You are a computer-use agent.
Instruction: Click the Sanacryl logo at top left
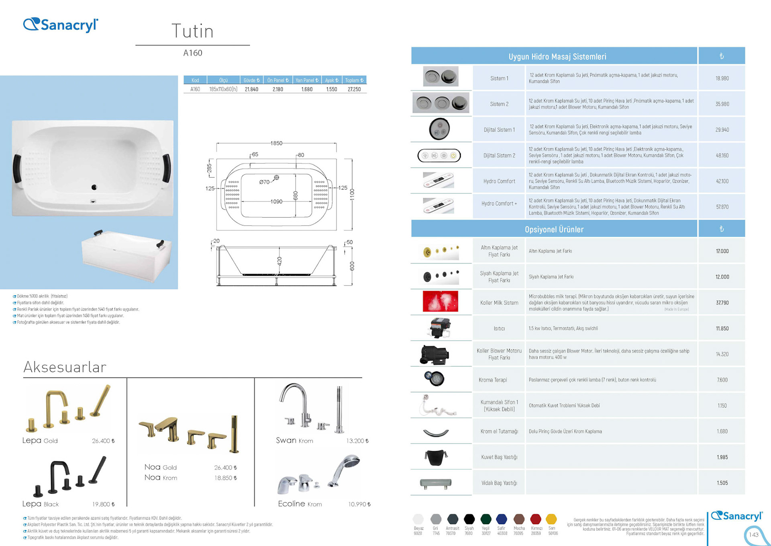[61, 25]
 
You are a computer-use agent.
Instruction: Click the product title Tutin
[192, 31]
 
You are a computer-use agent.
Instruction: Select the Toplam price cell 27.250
[354, 89]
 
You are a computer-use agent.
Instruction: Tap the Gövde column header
[251, 80]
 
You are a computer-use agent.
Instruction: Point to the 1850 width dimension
[276, 143]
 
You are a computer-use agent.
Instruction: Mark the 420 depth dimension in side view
[279, 261]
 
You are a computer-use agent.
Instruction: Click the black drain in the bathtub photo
[94, 187]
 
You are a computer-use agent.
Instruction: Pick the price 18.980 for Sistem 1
[722, 78]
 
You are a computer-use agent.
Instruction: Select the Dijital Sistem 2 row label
[499, 156]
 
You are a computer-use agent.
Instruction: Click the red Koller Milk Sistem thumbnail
[440, 302]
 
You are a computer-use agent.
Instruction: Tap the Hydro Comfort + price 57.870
[722, 207]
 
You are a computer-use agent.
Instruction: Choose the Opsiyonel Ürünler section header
[554, 229]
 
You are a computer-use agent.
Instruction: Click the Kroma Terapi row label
[493, 380]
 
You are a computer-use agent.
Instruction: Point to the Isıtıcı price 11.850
[722, 328]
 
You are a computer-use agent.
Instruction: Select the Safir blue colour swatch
[502, 519]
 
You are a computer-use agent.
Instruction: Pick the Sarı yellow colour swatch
[551, 519]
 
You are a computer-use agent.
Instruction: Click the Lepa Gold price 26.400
[103, 441]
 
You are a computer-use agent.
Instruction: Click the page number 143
[753, 535]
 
